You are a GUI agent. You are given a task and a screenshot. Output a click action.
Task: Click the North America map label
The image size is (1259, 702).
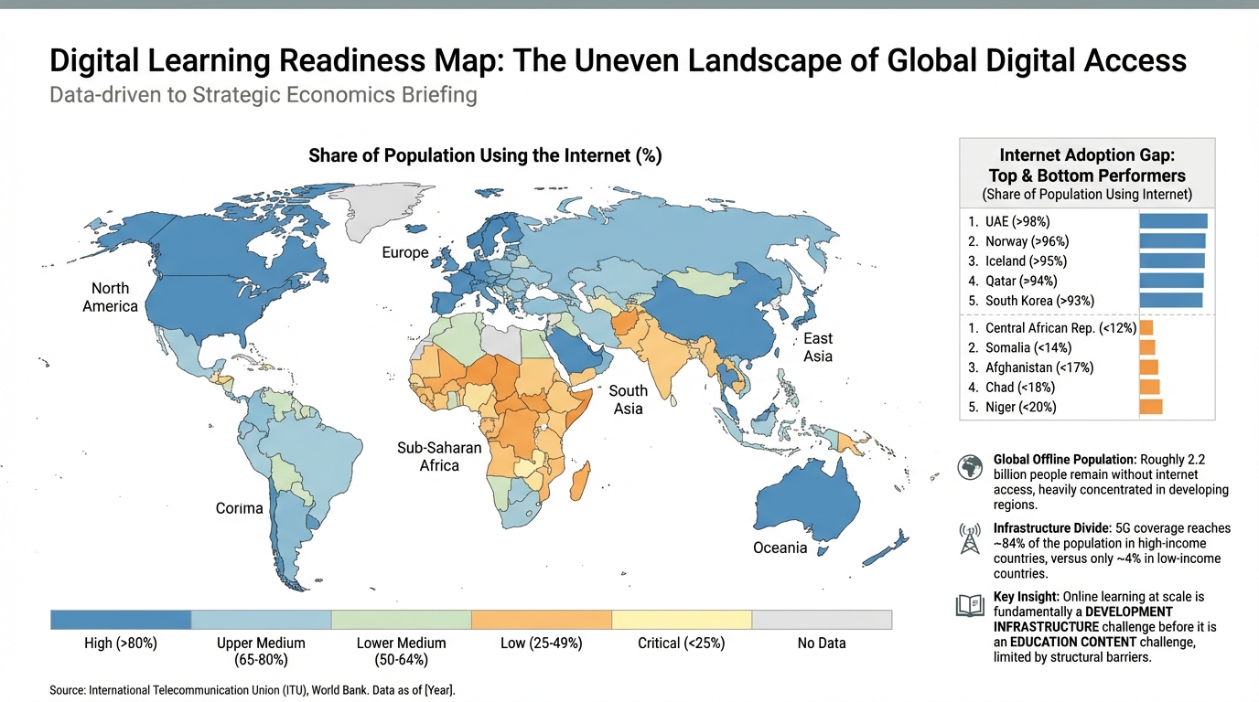pos(110,297)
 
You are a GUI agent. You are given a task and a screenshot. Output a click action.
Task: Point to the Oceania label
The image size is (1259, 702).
pos(780,548)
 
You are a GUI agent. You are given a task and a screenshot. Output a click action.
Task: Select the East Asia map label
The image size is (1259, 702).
pos(817,347)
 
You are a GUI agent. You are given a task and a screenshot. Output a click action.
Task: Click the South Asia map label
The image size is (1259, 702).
pos(628,399)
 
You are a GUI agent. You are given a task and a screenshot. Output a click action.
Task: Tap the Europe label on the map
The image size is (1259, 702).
pos(404,252)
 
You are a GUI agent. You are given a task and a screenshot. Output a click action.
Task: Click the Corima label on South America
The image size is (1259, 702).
pos(239,508)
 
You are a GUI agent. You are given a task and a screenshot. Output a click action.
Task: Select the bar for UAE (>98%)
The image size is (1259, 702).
pos(1173,221)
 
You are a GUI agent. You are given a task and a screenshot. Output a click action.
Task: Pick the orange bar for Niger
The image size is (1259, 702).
pos(1150,407)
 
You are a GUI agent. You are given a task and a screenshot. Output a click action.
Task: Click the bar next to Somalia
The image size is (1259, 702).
pos(1147,347)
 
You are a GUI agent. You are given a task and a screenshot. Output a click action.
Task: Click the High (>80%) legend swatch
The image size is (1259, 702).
pos(121,620)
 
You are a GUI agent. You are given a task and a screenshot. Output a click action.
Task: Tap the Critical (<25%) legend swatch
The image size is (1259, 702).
pos(681,620)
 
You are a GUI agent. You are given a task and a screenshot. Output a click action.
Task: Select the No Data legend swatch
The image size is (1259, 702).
pos(821,620)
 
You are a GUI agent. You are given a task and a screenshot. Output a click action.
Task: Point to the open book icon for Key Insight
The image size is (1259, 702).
pos(969,606)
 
